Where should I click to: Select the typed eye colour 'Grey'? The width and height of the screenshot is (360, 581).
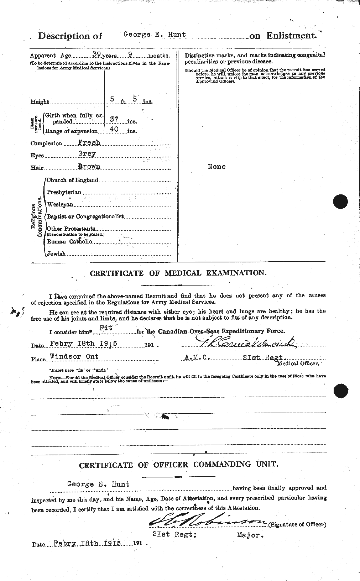tap(87, 154)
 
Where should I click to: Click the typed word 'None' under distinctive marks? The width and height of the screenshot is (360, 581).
tap(216, 167)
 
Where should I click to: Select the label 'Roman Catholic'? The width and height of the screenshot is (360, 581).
tap(69, 241)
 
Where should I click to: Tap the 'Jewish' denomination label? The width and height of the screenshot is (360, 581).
tap(56, 253)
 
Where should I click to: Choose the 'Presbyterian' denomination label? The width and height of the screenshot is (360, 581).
tap(64, 192)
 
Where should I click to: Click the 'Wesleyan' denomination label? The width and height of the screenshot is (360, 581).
tap(60, 204)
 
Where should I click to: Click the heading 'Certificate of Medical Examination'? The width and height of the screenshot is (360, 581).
tap(178, 273)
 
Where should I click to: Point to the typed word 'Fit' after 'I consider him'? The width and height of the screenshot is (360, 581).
tap(108, 329)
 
